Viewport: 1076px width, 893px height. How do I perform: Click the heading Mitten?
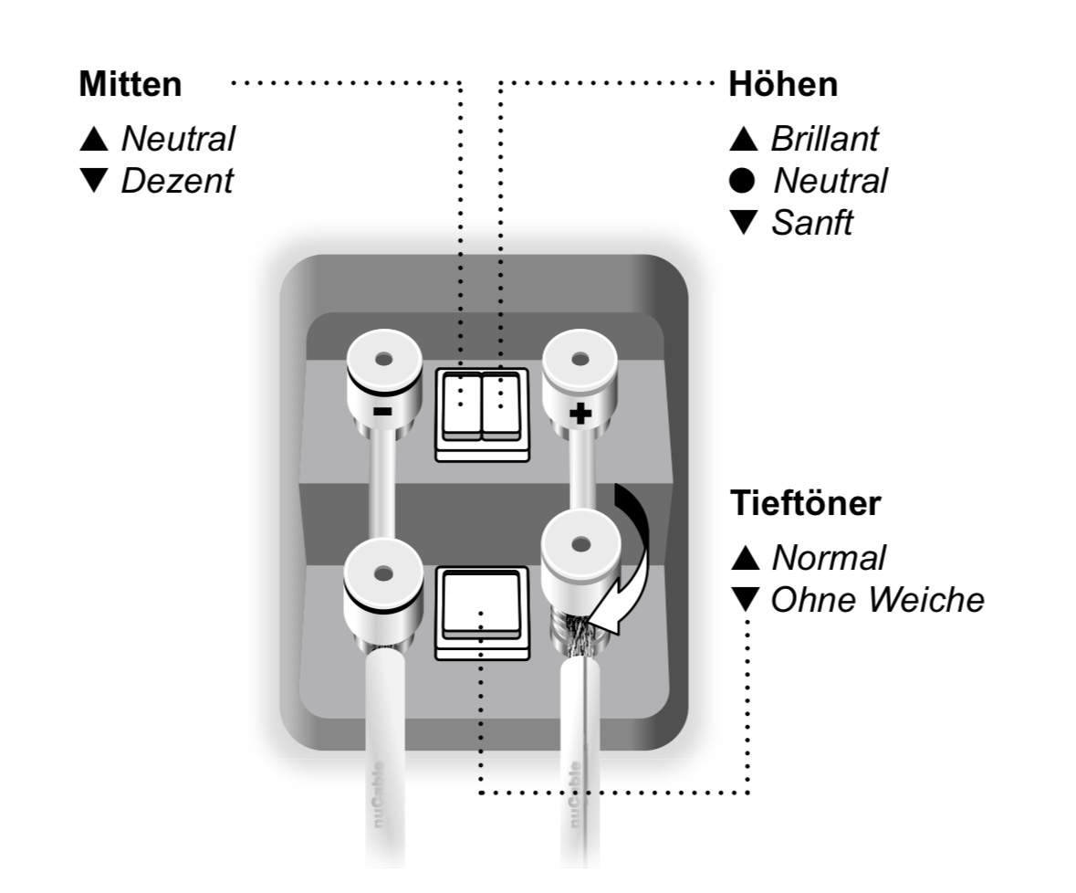click(x=130, y=85)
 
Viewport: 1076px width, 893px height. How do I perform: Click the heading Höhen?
click(x=782, y=85)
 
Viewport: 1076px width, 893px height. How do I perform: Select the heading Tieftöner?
click(x=805, y=504)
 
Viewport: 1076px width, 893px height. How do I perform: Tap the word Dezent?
click(x=177, y=181)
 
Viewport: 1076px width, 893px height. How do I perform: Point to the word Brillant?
click(x=824, y=139)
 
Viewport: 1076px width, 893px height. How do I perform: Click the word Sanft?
click(x=811, y=223)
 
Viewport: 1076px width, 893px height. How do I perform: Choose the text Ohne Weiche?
click(x=877, y=600)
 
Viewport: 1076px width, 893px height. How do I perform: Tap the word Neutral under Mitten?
click(x=178, y=139)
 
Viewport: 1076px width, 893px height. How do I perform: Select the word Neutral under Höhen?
click(x=830, y=181)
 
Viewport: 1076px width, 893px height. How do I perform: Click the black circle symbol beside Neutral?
click(x=743, y=181)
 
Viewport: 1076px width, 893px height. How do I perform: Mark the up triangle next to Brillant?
click(x=744, y=139)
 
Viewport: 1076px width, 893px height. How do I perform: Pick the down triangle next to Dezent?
click(x=94, y=181)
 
